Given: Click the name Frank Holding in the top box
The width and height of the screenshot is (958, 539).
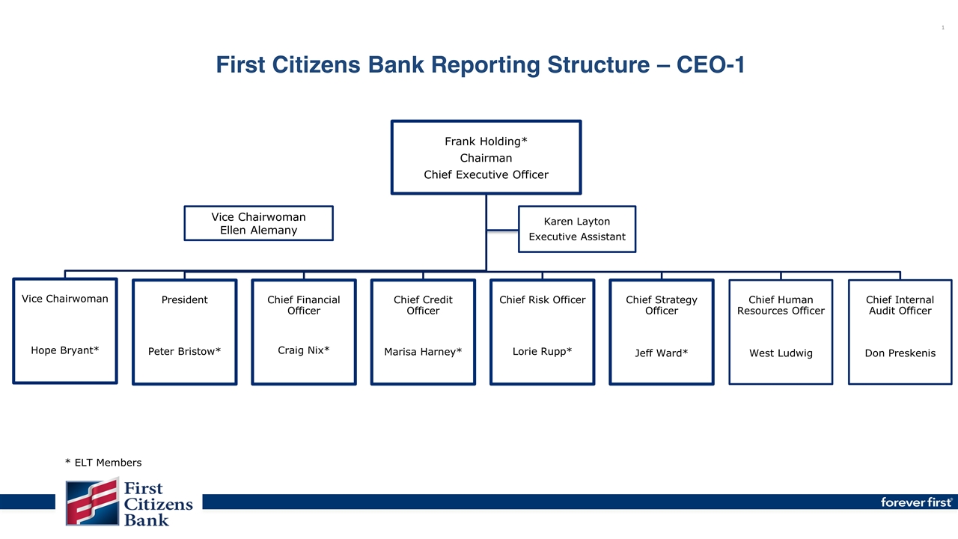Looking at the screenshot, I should [483, 141].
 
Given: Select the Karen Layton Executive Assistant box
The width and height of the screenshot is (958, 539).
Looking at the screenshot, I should [576, 229].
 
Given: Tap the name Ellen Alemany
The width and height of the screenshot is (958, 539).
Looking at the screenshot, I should [258, 230].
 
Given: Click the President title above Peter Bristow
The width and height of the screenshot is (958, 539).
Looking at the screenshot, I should [184, 299].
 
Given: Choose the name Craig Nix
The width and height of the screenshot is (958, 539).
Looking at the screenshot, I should [303, 350].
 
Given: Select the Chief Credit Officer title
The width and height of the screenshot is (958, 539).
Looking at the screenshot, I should [423, 305].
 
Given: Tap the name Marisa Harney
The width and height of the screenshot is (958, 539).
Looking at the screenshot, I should [423, 352].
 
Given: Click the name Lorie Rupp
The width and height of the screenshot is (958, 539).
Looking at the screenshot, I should [542, 350].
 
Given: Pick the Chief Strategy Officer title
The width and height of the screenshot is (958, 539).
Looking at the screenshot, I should [661, 305].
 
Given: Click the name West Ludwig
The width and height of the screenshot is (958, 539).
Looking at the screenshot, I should [781, 353].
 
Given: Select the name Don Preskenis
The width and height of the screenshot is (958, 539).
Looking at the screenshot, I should [900, 353].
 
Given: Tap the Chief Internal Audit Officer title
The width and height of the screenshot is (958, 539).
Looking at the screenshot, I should [900, 305].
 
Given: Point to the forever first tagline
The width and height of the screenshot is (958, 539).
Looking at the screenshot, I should [915, 502].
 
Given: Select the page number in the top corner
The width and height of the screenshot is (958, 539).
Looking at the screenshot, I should [942, 28].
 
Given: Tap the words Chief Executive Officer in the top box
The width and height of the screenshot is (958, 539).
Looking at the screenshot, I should [486, 174].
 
